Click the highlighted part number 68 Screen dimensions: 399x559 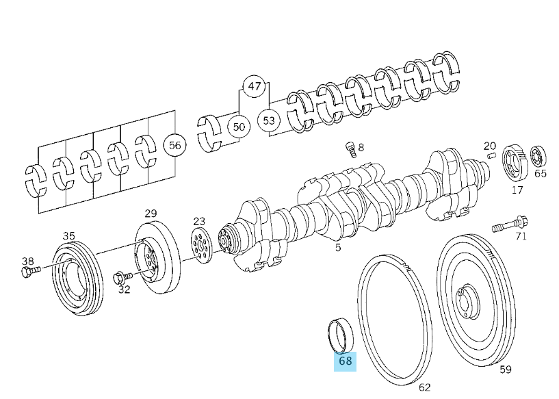(x=345, y=361)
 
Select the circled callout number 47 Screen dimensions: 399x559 (x=254, y=86)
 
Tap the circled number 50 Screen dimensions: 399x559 (x=239, y=127)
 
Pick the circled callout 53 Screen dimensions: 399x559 (x=269, y=121)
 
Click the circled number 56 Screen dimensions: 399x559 (x=175, y=145)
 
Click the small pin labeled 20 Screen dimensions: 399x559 (x=490, y=157)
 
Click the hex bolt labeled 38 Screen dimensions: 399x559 (x=30, y=272)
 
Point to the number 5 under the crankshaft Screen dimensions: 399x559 (x=338, y=248)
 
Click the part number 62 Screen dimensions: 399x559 (x=424, y=387)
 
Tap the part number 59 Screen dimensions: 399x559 (x=505, y=370)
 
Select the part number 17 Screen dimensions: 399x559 (x=517, y=190)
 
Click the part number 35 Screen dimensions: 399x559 (x=69, y=235)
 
